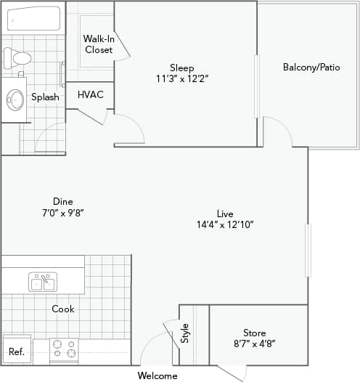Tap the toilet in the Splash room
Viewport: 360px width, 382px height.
(x=17, y=58)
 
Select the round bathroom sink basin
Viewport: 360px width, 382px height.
(x=15, y=99)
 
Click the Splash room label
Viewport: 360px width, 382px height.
(x=45, y=97)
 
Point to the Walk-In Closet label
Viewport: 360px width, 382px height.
(x=98, y=44)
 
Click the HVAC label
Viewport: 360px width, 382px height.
(x=91, y=94)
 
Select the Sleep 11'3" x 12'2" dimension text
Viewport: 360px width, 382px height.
(x=181, y=78)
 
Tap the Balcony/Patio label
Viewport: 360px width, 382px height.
(x=311, y=68)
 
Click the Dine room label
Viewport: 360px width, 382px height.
(x=62, y=207)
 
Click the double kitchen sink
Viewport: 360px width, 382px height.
(x=43, y=281)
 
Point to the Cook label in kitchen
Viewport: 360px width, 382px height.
(x=62, y=309)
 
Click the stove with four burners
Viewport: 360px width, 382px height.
(x=64, y=349)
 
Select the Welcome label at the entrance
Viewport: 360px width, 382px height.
(x=157, y=375)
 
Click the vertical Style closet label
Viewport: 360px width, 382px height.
(x=184, y=333)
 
